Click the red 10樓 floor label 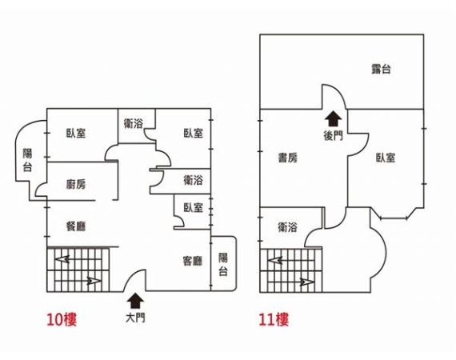62,319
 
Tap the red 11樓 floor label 274,319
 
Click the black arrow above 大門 135,300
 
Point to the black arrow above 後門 334,119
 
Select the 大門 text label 135,318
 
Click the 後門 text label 334,136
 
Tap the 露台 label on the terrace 381,69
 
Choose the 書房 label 288,158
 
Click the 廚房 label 76,184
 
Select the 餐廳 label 76,226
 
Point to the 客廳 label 193,261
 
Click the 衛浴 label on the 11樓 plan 288,227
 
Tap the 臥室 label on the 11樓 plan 386,158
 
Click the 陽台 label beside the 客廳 223,264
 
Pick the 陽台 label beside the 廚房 27,160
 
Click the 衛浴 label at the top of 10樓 133,124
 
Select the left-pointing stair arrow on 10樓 63,259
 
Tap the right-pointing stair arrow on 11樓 307,282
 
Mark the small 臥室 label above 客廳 193,208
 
